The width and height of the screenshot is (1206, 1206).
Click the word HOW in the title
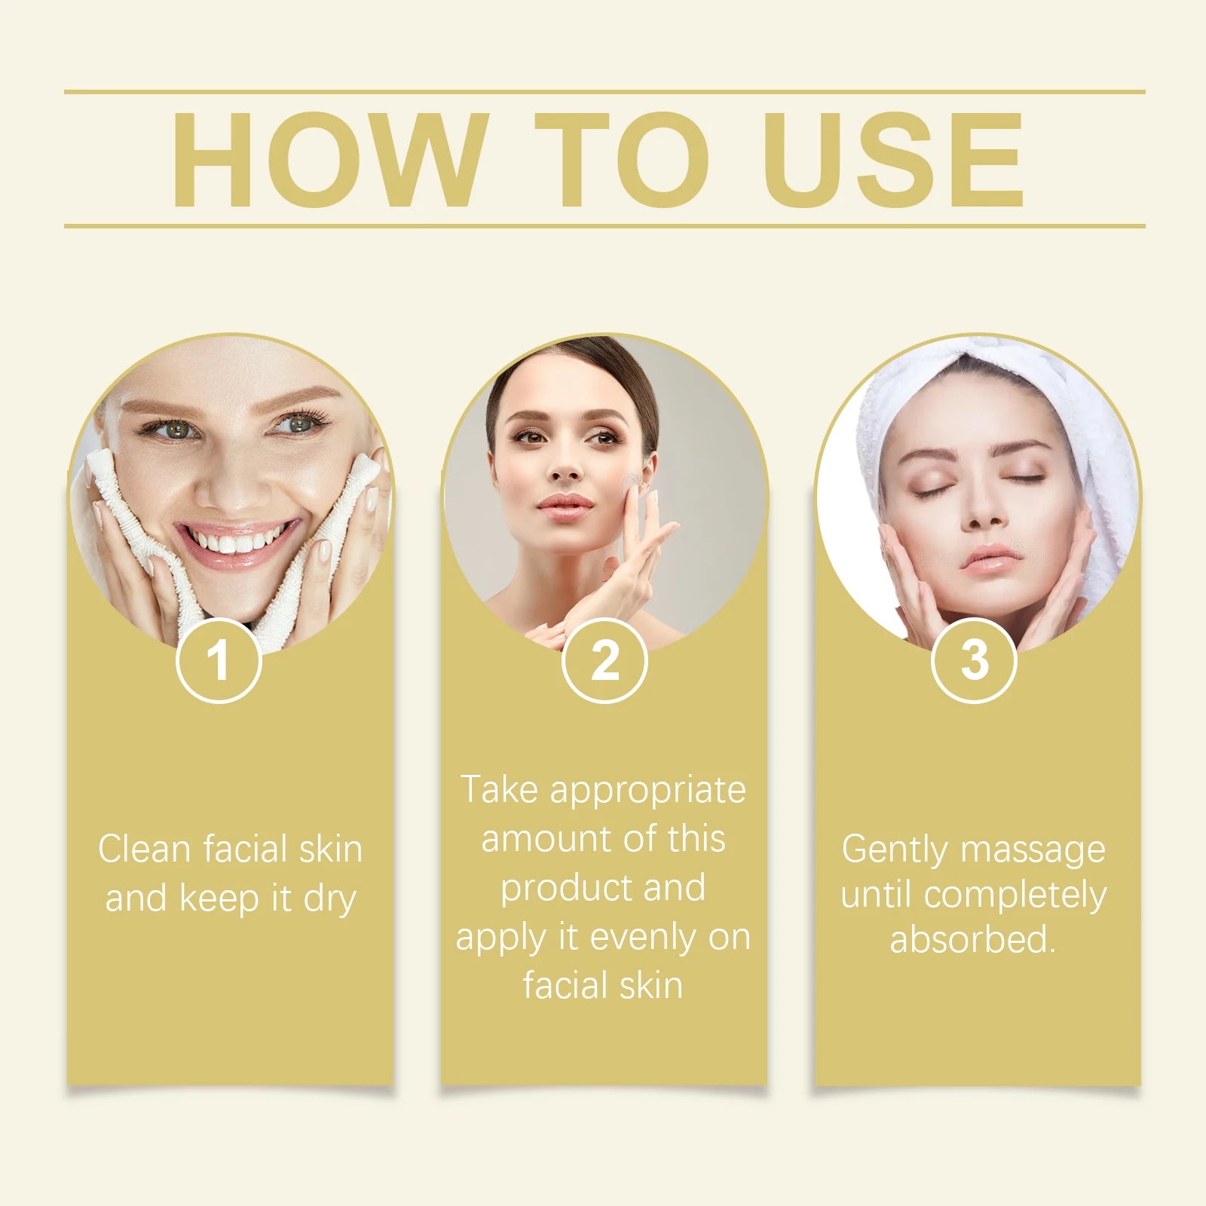coord(328,160)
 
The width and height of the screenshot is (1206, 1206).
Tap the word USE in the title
coord(893,160)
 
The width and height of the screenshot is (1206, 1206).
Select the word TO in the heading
coord(622,160)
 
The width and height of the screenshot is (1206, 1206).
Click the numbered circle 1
coord(219,660)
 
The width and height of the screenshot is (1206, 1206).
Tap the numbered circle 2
coord(605,660)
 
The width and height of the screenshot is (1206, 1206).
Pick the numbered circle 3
coord(974,660)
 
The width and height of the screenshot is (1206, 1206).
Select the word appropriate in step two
coord(647,791)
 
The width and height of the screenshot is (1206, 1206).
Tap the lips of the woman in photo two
coord(565,503)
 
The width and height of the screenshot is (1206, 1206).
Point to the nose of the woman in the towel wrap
coord(983,513)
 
